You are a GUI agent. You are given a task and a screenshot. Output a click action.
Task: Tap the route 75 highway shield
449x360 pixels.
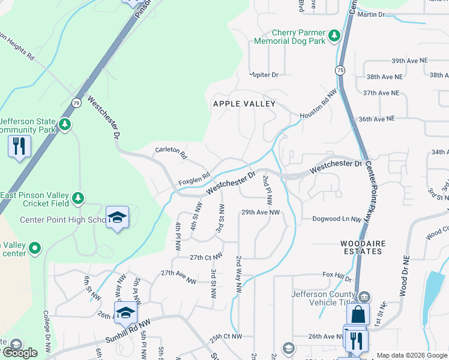340,69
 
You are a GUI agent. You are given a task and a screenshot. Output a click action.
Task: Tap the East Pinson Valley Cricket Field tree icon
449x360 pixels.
77,197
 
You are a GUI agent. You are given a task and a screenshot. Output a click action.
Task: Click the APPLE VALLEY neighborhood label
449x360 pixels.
244,104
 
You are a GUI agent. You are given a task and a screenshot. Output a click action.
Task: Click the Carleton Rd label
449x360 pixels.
171,153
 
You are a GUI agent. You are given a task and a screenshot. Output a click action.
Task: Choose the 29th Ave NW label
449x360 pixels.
261,212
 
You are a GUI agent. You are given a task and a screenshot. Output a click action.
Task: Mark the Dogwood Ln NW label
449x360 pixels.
336,219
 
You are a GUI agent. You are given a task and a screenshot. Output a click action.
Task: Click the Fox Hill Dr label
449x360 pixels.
337,274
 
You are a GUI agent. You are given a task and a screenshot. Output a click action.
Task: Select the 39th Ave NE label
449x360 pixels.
409,61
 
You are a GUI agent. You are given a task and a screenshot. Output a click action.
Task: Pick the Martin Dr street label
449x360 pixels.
370,14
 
